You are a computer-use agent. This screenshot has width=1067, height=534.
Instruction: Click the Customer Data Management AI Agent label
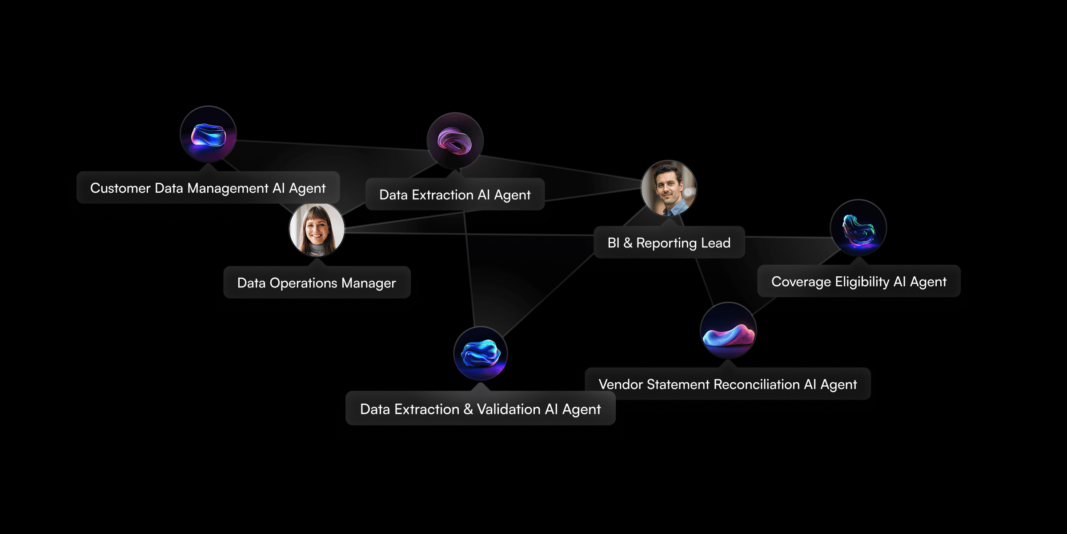[208, 188]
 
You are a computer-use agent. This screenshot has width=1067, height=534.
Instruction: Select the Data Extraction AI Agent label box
[454, 194]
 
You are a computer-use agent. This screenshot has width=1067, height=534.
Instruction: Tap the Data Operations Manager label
[317, 283]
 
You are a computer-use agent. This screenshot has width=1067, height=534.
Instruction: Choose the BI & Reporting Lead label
[669, 243]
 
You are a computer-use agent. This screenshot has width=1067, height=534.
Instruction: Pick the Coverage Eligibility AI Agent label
[858, 281]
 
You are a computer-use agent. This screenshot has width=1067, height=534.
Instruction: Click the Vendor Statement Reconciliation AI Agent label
[727, 384]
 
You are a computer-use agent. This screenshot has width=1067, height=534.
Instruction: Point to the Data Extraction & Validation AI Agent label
[480, 409]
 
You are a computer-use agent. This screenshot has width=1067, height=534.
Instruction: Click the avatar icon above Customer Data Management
[208, 134]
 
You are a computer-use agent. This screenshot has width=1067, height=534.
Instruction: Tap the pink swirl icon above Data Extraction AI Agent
[455, 141]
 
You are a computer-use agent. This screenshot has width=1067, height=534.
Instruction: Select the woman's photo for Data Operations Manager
[317, 230]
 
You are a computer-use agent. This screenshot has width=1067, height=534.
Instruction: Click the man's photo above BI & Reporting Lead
[669, 188]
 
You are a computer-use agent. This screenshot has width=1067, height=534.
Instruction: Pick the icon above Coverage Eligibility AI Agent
[858, 227]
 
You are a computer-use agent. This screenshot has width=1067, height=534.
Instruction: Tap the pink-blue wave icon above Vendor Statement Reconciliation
[728, 330]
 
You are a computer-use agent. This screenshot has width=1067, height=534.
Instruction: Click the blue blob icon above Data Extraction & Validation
[480, 354]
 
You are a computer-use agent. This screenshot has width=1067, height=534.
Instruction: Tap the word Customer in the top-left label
[120, 188]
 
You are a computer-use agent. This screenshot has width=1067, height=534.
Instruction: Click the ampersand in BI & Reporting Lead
[627, 243]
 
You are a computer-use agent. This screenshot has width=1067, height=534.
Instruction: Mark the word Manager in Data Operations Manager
[369, 283]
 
